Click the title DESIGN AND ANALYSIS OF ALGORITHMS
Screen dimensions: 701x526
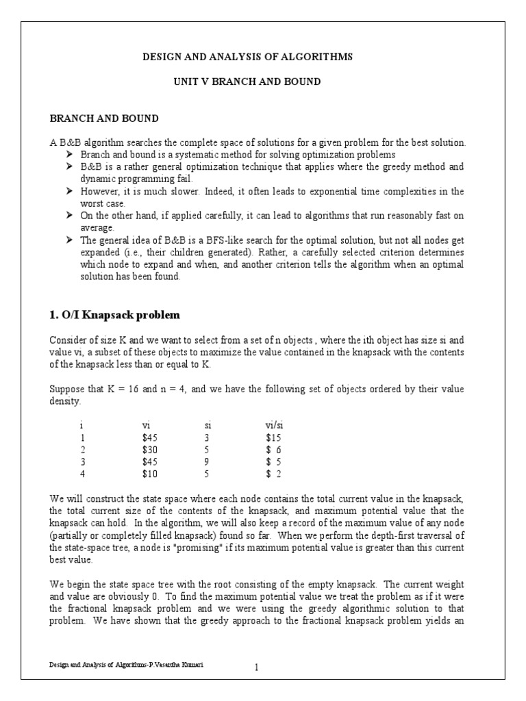tap(247, 57)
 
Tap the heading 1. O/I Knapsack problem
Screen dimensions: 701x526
tap(114, 315)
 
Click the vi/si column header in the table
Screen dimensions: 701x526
tap(275, 424)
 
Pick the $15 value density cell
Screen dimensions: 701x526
tap(273, 437)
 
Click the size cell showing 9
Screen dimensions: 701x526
tap(208, 460)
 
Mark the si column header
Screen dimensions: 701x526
tap(208, 424)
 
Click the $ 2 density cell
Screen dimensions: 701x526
tap(273, 472)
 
